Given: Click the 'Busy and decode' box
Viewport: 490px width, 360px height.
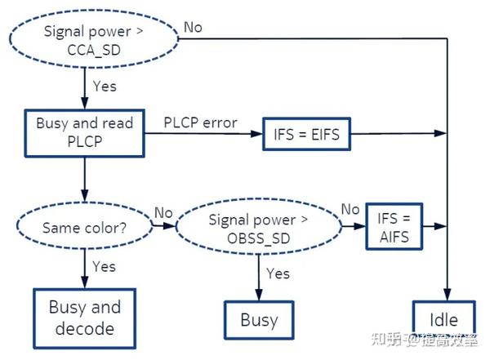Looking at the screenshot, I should point(84,318).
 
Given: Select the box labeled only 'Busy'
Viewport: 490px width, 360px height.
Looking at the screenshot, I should point(259,320).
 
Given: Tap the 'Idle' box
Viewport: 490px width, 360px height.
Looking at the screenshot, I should point(443,320).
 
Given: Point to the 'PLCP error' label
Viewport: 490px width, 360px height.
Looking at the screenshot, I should point(200,122).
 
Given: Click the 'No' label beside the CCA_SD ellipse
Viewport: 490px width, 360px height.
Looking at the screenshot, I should point(193,27).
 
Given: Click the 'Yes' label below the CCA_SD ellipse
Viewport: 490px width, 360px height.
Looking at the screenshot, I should point(105,86).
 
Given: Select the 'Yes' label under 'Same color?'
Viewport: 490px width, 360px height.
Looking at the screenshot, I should point(104,267).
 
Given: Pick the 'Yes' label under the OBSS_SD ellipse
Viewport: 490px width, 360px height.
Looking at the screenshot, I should point(278,273).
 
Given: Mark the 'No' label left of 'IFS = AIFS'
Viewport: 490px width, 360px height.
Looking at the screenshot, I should point(350,210).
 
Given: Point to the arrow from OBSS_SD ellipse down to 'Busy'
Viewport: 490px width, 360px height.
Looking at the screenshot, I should point(259,278).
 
